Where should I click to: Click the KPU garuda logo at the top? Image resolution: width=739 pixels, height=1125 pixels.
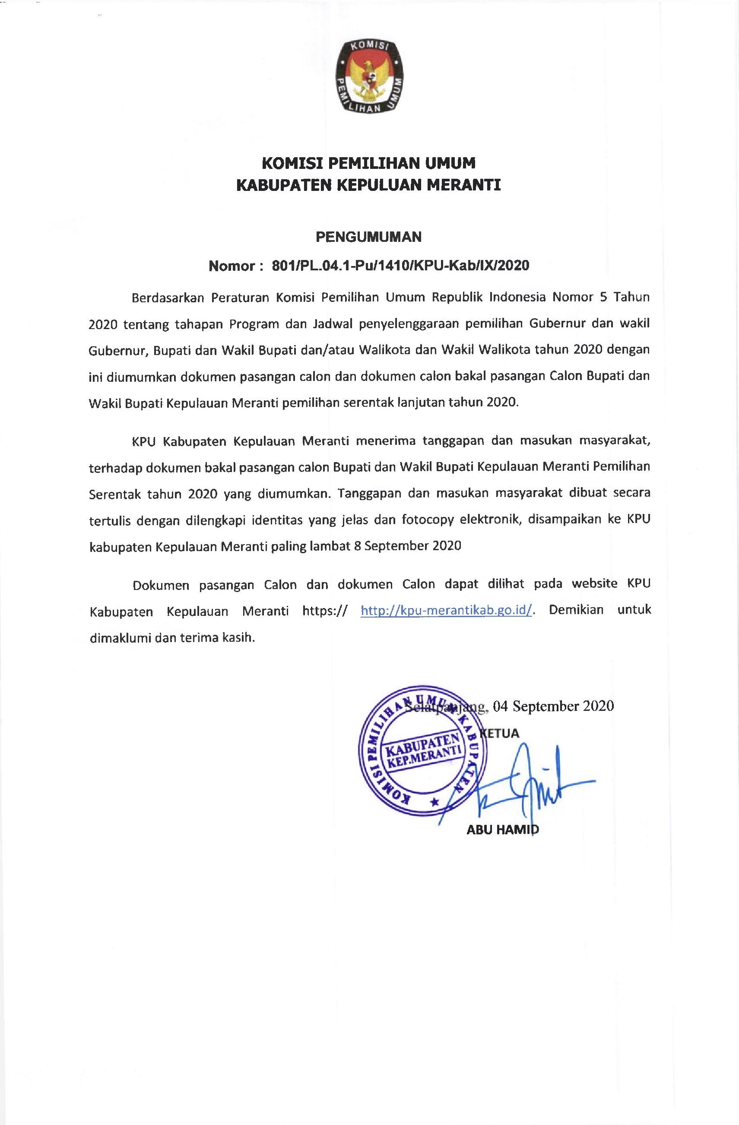369,76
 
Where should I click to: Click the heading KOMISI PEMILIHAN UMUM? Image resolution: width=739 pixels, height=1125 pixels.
369,163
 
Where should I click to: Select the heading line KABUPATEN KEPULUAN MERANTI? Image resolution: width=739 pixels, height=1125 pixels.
369,185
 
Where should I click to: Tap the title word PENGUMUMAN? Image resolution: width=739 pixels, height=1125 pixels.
369,236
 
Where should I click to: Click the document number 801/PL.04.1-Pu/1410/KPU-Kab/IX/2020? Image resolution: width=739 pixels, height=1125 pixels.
400,266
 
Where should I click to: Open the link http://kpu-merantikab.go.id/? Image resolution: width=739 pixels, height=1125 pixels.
447,610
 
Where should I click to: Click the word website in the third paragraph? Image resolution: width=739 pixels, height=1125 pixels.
594,584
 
